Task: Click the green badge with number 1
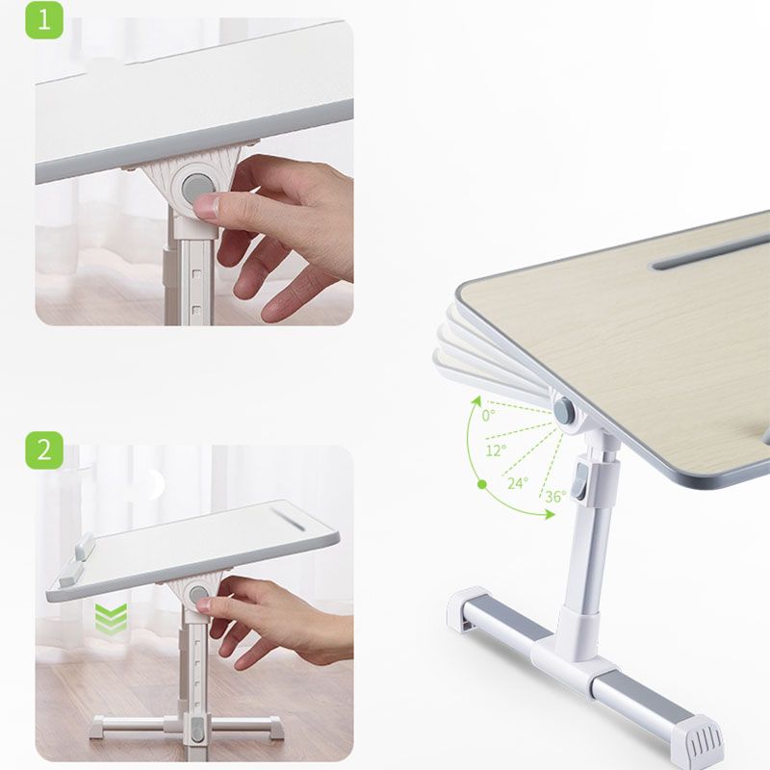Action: coord(43,19)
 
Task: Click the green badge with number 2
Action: coord(43,450)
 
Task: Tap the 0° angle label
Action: coord(489,416)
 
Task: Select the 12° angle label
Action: coord(496,449)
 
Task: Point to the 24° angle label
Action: coord(518,483)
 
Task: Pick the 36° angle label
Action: coord(555,497)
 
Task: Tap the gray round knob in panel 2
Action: coord(200,596)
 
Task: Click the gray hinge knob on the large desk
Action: coord(565,411)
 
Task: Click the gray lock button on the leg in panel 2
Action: coord(197,731)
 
